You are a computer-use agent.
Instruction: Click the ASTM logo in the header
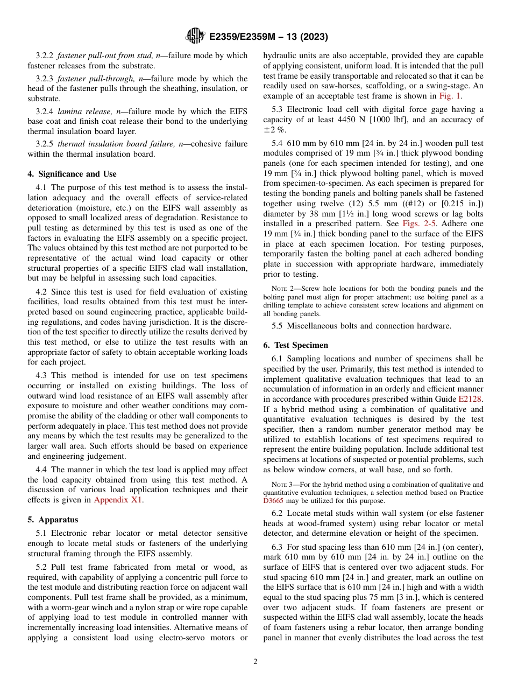(x=195, y=37)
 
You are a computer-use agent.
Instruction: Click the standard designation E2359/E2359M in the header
(x=243, y=37)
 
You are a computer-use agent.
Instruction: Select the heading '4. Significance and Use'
(x=72, y=174)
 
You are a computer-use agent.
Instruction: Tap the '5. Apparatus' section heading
(x=53, y=520)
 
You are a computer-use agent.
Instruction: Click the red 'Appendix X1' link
(x=118, y=499)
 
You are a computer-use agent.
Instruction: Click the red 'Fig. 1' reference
(x=450, y=96)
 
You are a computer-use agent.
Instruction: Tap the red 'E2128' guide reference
(x=470, y=399)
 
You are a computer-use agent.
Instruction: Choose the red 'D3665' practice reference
(x=273, y=500)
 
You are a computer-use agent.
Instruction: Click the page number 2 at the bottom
(x=256, y=662)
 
